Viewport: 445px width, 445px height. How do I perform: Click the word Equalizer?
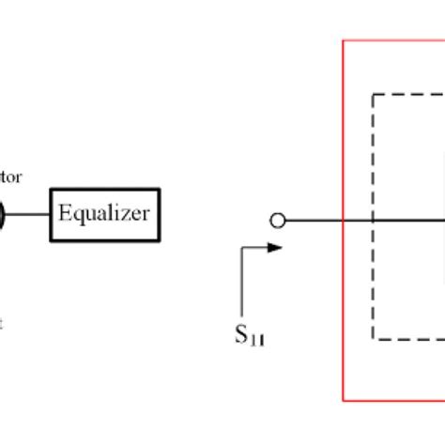pyautogui.click(x=103, y=214)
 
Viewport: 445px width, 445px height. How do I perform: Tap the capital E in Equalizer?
pyautogui.click(x=64, y=213)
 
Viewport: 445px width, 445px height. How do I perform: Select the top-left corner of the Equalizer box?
pyautogui.click(x=51, y=189)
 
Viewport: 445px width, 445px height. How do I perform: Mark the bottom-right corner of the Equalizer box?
pyautogui.click(x=157, y=239)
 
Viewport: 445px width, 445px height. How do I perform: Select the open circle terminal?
pyautogui.click(x=277, y=221)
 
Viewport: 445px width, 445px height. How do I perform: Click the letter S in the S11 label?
pyautogui.click(x=241, y=334)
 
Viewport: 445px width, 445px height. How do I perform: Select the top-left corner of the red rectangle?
pyautogui.click(x=344, y=40)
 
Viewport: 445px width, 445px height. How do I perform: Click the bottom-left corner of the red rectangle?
pyautogui.click(x=344, y=401)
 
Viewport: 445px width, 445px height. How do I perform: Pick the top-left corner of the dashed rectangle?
pyautogui.click(x=374, y=94)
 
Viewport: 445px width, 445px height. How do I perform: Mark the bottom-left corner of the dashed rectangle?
pyautogui.click(x=374, y=340)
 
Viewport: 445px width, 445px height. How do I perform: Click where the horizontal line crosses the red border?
pyautogui.click(x=344, y=221)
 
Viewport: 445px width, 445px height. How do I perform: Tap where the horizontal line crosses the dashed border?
pyautogui.click(x=374, y=221)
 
